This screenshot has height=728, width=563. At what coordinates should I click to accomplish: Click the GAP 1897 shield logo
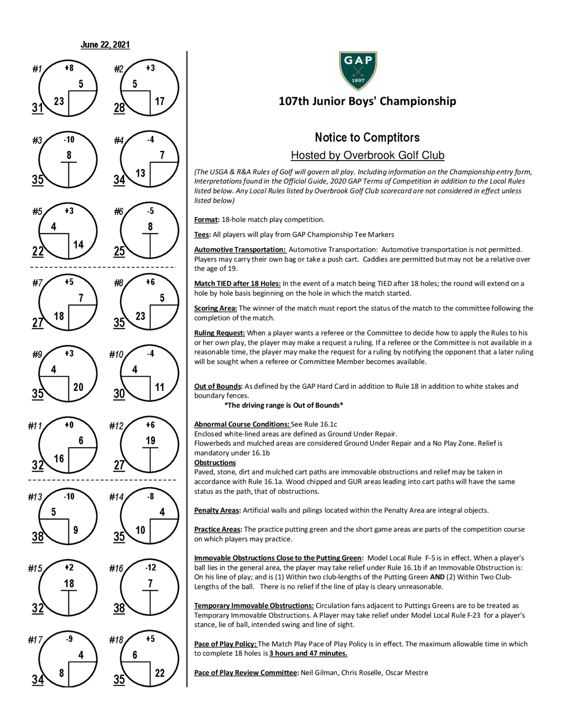[x=358, y=71]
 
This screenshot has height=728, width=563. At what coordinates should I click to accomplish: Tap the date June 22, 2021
[x=105, y=45]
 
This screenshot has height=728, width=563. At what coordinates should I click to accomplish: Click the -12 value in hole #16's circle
[x=150, y=567]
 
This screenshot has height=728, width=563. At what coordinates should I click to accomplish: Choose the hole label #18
[x=116, y=640]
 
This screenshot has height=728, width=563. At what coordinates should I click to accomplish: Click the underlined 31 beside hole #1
[x=38, y=108]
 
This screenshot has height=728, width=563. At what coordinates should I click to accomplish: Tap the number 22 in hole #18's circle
[x=160, y=673]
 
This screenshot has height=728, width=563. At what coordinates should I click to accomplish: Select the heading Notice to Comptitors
[x=367, y=137]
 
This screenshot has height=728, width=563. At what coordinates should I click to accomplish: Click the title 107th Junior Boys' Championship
[x=367, y=101]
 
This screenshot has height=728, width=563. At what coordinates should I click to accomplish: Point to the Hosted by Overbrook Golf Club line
[x=367, y=155]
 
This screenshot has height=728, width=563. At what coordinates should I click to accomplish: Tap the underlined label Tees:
[x=202, y=235]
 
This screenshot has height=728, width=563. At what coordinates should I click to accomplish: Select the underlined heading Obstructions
[x=215, y=463]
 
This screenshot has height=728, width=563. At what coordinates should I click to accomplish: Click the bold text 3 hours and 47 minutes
[x=308, y=653]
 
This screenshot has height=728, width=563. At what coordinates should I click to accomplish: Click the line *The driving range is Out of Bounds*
[x=283, y=405]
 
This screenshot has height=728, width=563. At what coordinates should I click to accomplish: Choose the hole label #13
[x=35, y=497]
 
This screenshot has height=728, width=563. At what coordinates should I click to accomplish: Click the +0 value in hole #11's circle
[x=69, y=425]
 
